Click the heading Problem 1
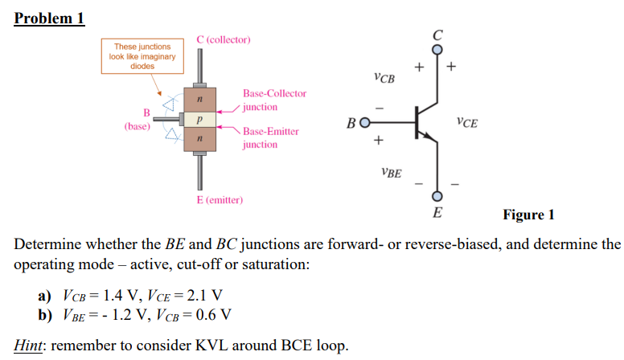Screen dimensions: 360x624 (50, 18)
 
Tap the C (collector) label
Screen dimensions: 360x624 (224, 39)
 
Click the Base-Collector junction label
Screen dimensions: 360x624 (274, 100)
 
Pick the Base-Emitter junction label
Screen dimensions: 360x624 (271, 137)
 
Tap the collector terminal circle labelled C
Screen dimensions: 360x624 (437, 50)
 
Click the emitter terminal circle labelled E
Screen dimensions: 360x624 (437, 197)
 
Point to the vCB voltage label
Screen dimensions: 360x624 (384, 78)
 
